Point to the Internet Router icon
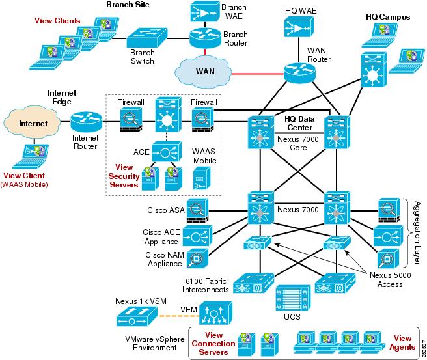tap(86, 120)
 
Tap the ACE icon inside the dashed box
tap(166, 153)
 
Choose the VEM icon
tap(212, 315)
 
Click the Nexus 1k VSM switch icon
tap(137, 318)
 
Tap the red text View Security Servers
tap(124, 176)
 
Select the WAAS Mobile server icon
tap(200, 180)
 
